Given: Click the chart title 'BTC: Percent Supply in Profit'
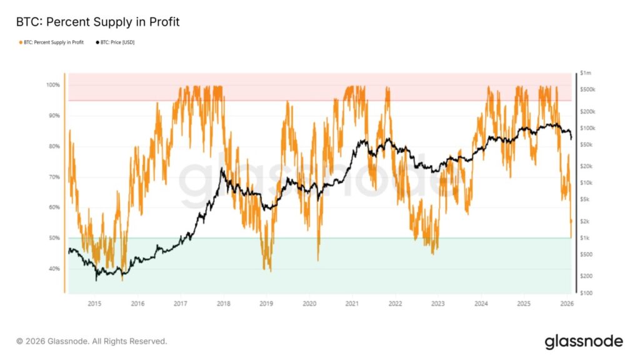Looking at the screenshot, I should click(97, 22).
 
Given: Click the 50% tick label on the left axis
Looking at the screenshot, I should click(54, 238).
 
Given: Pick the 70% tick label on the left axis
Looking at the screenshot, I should click(54, 177).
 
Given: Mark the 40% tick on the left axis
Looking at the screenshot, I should click(54, 269).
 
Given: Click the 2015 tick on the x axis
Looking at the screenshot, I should click(94, 304).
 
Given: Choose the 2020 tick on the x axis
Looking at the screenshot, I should click(309, 304).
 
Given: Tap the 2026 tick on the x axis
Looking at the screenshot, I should click(567, 304).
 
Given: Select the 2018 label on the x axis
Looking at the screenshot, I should click(223, 304).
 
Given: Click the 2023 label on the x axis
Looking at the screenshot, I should click(438, 304).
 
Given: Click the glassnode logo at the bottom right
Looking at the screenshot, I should click(584, 341).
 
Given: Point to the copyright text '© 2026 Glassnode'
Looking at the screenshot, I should click(92, 341).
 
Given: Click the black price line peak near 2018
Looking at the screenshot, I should click(222, 169).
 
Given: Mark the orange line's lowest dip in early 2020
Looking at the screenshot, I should click(318, 260).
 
